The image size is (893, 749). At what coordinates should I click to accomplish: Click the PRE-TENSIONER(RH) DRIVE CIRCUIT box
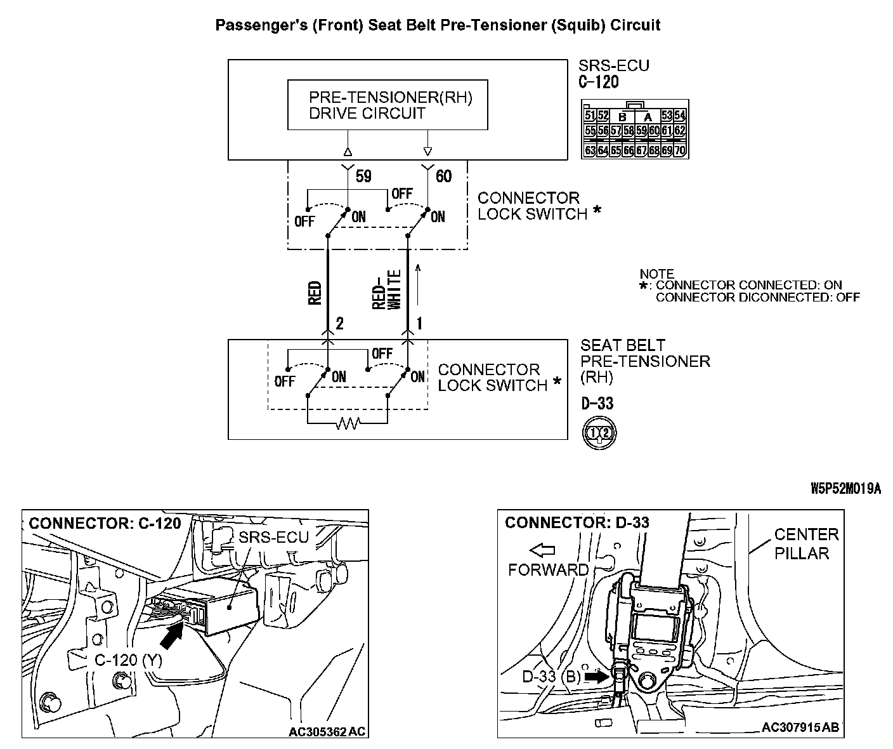tap(388, 105)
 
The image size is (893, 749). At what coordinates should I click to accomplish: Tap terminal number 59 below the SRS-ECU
tap(363, 176)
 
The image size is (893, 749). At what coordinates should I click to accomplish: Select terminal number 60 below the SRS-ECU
tap(443, 176)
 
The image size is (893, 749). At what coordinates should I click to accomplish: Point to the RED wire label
tap(315, 293)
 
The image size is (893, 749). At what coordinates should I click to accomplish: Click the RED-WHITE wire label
tap(387, 290)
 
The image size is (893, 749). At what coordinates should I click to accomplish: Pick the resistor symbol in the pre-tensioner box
tap(348, 423)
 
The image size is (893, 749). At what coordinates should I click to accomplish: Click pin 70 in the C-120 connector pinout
tap(680, 151)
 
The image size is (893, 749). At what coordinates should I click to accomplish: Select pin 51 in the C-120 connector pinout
tap(589, 116)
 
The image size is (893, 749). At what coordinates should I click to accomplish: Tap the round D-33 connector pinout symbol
tap(599, 433)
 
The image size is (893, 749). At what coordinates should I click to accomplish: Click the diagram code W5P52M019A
tap(845, 488)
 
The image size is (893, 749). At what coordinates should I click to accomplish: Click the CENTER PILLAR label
tap(805, 544)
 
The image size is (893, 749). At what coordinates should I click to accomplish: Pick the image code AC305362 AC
tap(327, 731)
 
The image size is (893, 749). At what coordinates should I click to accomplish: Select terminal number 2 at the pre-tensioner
tap(339, 324)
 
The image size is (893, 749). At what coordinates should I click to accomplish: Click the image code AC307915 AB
tap(800, 727)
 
